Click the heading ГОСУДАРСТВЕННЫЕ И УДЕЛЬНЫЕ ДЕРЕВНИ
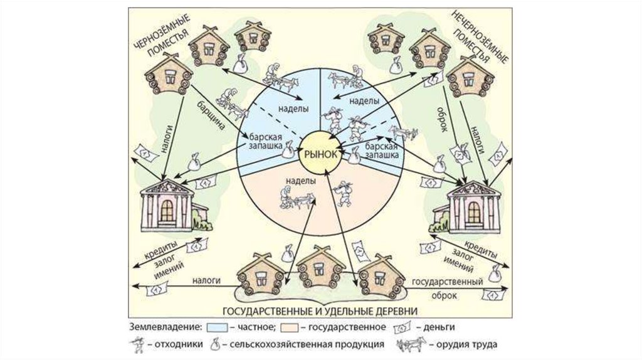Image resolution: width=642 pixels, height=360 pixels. [320, 311]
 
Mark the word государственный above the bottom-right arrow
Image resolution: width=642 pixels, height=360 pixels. [446, 282]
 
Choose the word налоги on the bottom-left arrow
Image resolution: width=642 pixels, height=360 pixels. [206, 282]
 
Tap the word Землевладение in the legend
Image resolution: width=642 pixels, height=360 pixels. [160, 327]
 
